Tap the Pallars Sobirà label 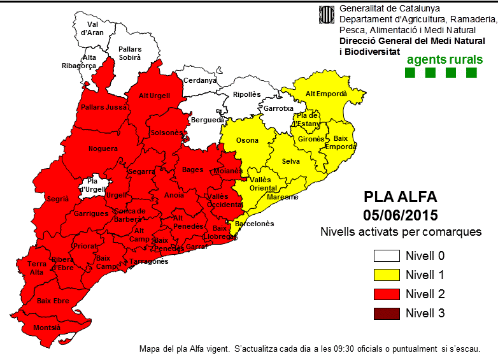[130, 53]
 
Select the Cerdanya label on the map [199, 81]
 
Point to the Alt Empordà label [326, 94]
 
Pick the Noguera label [103, 149]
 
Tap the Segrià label [57, 199]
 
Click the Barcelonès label [254, 224]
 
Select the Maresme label [282, 197]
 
